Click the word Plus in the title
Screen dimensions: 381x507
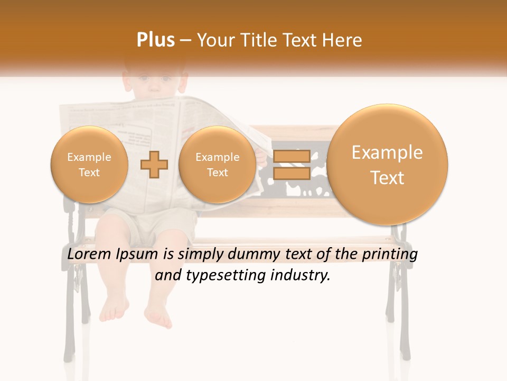pos(155,40)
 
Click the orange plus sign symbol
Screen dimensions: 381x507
pos(154,164)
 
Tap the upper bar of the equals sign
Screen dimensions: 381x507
pos(291,156)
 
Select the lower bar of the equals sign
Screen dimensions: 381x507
pos(291,173)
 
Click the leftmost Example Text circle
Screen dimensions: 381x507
pos(89,165)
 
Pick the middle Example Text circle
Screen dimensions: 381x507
pos(218,165)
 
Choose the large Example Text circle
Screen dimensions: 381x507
pos(387,165)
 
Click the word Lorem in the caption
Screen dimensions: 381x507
pos(89,255)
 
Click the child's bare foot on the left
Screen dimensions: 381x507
pos(113,310)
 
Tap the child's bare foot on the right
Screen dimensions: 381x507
pos(159,316)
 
